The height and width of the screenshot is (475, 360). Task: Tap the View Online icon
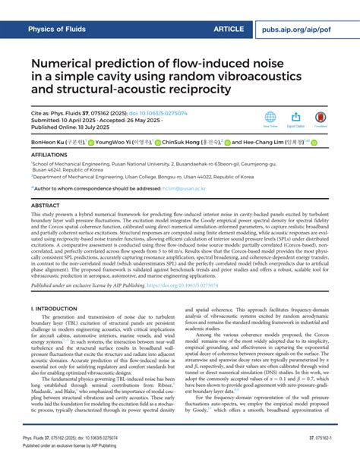pos(270,118)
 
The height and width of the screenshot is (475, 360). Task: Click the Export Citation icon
pos(296,118)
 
